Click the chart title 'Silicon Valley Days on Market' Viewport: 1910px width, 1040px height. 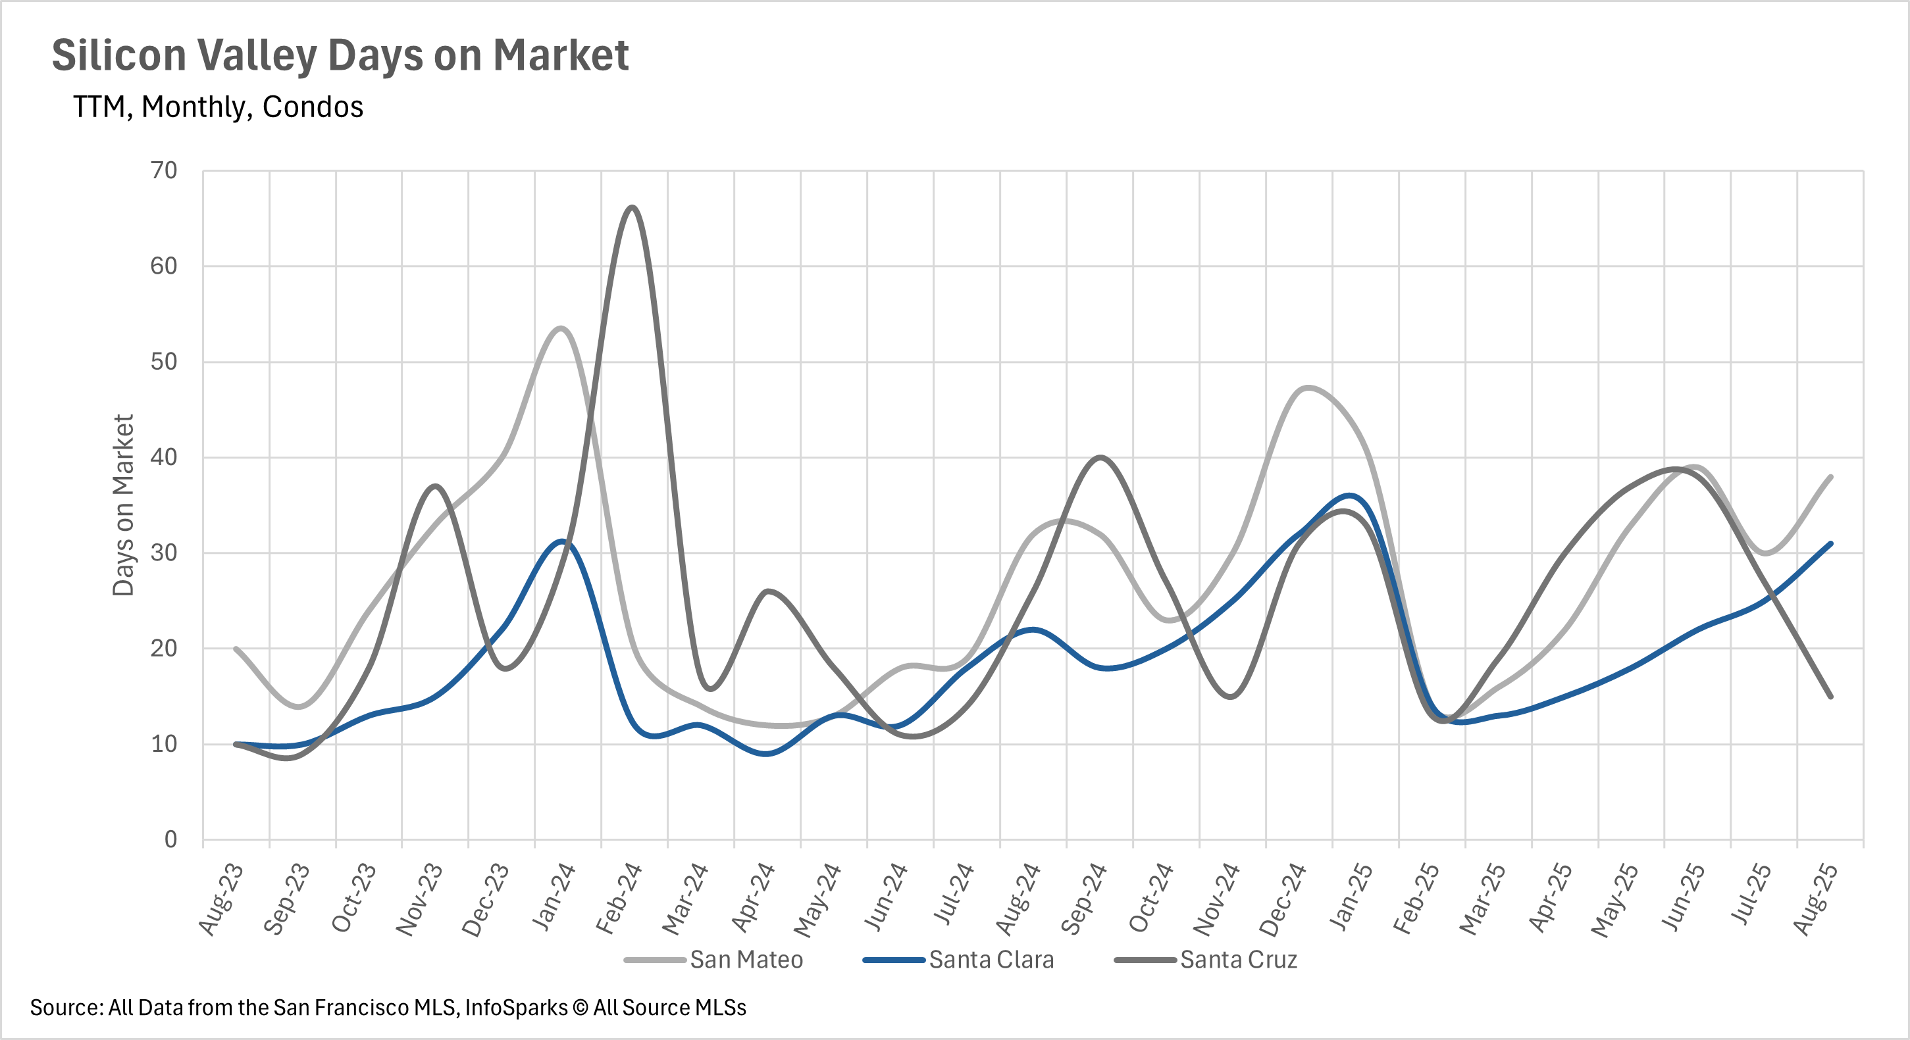[340, 56]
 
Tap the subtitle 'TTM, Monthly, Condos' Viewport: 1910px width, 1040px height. [218, 107]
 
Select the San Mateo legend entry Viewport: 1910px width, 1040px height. [746, 960]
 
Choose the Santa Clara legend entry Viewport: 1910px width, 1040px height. [991, 960]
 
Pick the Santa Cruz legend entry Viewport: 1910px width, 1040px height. [1238, 960]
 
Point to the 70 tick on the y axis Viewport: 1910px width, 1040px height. [164, 170]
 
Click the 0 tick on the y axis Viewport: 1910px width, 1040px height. [170, 839]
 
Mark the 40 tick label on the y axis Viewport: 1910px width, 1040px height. [164, 457]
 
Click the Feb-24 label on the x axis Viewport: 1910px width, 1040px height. [619, 899]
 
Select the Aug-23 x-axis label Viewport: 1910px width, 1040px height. [221, 899]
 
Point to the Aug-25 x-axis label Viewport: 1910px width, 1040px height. [1815, 899]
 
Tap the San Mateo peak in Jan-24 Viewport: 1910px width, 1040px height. [561, 328]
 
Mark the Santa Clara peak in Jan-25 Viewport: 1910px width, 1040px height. [1349, 495]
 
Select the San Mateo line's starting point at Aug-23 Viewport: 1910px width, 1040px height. [236, 649]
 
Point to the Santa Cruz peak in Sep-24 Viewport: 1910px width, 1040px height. [1100, 457]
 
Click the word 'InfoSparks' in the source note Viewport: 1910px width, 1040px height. [516, 1008]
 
